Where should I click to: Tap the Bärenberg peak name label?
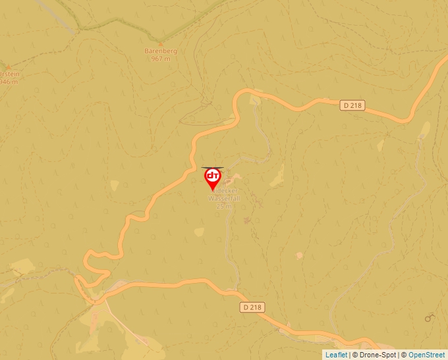[x=161, y=51]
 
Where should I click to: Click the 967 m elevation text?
[x=161, y=59]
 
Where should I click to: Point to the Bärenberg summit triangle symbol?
[x=161, y=43]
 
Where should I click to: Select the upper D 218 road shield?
[x=353, y=105]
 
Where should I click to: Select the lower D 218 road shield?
[x=252, y=307]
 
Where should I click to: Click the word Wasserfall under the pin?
[x=224, y=198]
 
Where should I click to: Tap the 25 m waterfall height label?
[x=224, y=206]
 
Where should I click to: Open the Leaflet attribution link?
[x=336, y=355]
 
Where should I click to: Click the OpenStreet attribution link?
[x=426, y=355]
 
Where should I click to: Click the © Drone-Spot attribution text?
[x=376, y=355]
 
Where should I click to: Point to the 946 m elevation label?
[x=8, y=82]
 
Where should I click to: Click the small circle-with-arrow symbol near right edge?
[x=430, y=318]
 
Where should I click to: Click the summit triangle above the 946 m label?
[x=8, y=67]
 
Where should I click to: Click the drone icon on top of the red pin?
[x=212, y=169]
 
